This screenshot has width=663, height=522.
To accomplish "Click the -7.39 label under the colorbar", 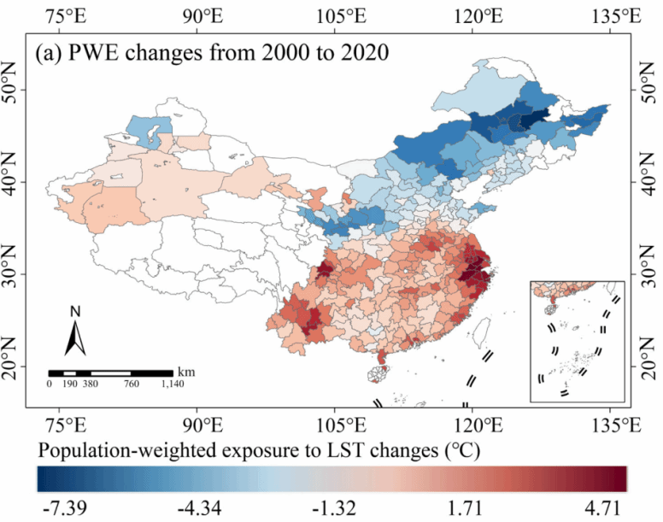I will tap(61, 507).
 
